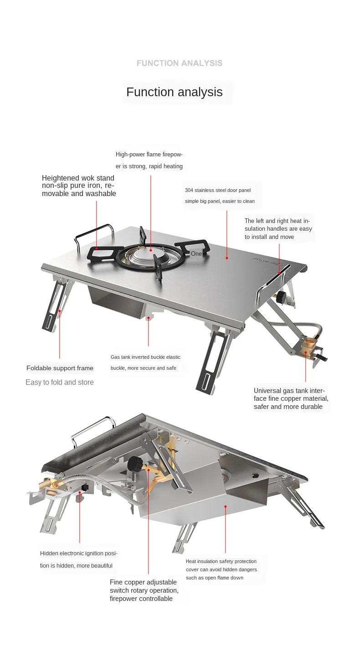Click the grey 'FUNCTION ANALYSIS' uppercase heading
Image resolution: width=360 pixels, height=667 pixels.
point(180,63)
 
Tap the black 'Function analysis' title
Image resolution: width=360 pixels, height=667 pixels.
point(175,92)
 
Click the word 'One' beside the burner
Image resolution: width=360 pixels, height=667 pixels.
point(196,253)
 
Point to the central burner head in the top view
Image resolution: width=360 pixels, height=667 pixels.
point(148,256)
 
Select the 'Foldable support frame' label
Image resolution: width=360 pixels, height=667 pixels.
point(60,368)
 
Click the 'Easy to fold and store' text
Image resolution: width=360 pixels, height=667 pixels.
point(60,383)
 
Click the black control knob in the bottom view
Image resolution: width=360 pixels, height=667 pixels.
point(135,464)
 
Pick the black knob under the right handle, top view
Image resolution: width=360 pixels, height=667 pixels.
point(281,297)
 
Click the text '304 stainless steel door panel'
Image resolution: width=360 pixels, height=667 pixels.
point(218,190)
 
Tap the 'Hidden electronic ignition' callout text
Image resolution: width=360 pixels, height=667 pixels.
point(79,559)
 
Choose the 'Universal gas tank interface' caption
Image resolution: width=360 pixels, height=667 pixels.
point(291,399)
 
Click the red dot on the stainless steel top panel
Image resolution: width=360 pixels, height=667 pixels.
point(227,258)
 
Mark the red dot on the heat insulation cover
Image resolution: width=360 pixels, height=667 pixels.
point(226,507)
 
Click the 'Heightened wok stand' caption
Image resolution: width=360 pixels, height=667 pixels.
point(79,186)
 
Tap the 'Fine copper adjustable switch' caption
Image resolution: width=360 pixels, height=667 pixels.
point(144,590)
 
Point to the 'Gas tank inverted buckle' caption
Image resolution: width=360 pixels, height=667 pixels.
point(145,363)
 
